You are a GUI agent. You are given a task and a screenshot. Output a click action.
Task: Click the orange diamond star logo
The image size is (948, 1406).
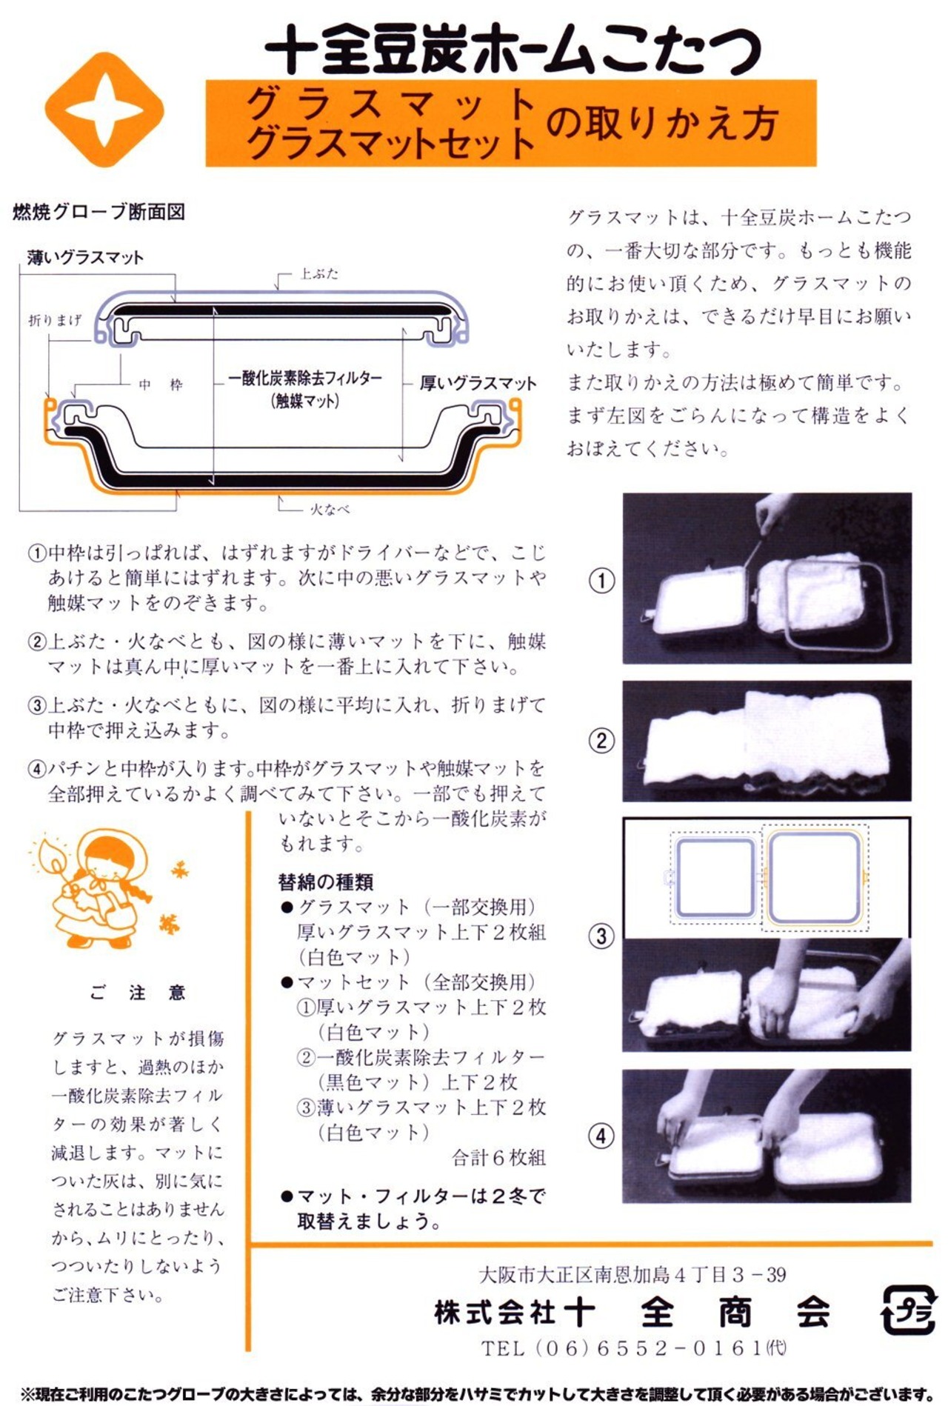point(104,110)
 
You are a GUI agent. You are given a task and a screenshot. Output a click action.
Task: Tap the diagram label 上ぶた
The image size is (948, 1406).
point(319,274)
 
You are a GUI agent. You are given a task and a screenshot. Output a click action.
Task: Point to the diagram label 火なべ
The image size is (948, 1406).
point(330,510)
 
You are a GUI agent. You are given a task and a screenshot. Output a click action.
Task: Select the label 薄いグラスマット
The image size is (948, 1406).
point(85,258)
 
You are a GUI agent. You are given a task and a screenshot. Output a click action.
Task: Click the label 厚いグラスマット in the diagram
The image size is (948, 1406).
point(478,384)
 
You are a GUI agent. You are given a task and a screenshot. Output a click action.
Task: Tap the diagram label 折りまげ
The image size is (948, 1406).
point(55,320)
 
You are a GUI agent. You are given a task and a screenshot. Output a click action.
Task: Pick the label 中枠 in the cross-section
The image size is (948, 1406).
point(161,384)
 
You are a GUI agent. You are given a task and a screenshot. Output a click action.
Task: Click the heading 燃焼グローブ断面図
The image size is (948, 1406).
point(99,213)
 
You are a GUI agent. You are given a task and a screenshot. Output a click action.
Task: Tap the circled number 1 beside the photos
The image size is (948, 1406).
point(601,580)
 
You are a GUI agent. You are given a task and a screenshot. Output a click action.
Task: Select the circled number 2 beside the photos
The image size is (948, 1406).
point(601,740)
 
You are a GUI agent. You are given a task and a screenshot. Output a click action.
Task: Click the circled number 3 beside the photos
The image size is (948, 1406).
point(601,936)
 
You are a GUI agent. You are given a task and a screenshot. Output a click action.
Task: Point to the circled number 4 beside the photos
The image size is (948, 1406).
point(601,1136)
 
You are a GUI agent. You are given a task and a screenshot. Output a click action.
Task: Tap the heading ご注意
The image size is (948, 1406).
point(137,993)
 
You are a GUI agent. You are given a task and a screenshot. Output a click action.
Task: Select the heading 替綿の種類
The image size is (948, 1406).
point(326,882)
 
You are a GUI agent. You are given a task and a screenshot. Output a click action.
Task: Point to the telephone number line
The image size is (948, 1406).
point(633,1348)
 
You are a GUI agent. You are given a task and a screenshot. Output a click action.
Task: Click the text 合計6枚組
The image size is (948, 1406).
point(498,1158)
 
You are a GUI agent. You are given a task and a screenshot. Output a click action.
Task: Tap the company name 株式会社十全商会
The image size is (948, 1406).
point(633,1313)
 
